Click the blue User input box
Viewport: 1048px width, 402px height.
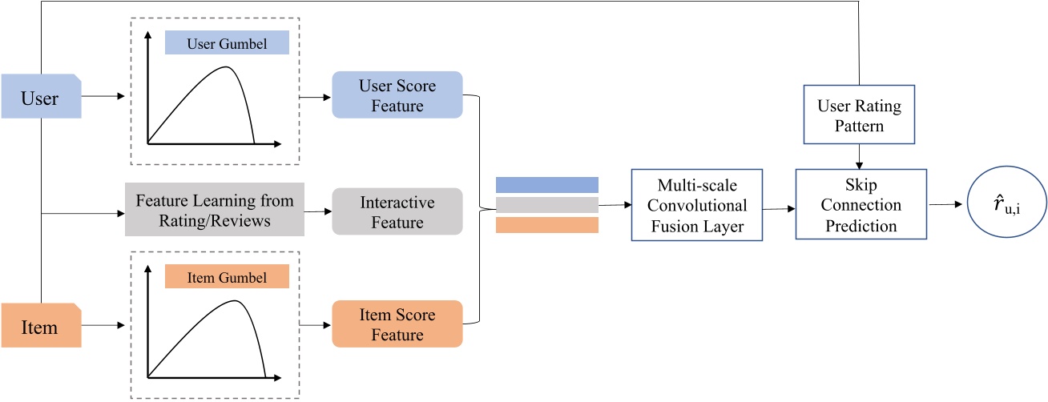click(x=40, y=96)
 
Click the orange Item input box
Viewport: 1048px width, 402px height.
click(x=40, y=327)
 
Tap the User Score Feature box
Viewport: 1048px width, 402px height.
click(x=397, y=95)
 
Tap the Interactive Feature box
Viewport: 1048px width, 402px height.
click(x=397, y=211)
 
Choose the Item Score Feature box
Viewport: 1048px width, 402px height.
click(x=397, y=324)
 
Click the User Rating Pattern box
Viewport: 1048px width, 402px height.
click(x=858, y=115)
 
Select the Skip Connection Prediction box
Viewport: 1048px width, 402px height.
click(x=860, y=204)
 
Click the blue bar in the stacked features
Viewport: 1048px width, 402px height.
click(x=547, y=185)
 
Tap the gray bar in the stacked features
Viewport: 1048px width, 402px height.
click(x=547, y=205)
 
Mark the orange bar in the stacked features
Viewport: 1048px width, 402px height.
click(x=547, y=225)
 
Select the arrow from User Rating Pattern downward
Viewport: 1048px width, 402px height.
click(x=859, y=156)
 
